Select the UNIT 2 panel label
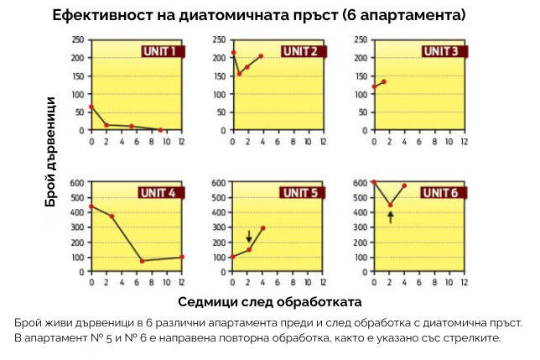[x=299, y=51]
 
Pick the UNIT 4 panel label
[x=158, y=193]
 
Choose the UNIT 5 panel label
[x=299, y=193]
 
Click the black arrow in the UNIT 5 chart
[x=249, y=237]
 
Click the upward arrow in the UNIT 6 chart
[x=390, y=217]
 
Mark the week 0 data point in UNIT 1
[x=91, y=107]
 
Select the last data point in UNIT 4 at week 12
[x=182, y=257]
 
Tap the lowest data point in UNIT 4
[x=143, y=261]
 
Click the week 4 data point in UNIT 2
[x=262, y=56]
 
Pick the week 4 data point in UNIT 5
[x=263, y=228]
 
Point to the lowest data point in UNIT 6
[x=390, y=205]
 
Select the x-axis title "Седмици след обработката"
[x=271, y=300]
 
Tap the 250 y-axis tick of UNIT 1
[x=78, y=39]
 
